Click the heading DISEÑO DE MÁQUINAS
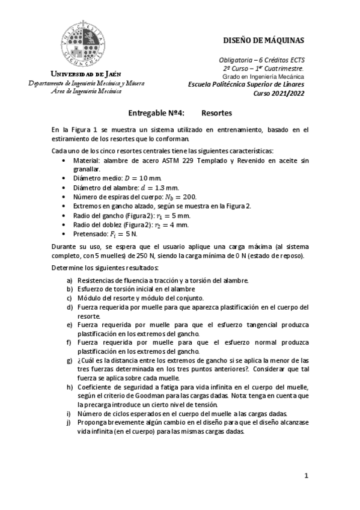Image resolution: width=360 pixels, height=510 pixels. pos(263,40)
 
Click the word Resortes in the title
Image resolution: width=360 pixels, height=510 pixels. pos(216,112)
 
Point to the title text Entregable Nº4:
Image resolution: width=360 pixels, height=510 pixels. pos(156,112)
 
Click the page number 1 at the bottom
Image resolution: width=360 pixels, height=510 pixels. pos(306,476)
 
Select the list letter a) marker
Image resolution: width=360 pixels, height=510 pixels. pos(70,280)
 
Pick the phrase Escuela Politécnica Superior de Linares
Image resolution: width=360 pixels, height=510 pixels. pos(246,85)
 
